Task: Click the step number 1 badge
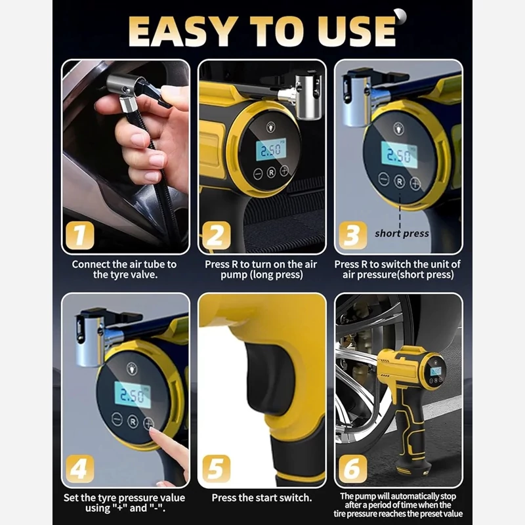coord(79,235)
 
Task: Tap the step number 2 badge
coord(217,235)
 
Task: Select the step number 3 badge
coord(352,235)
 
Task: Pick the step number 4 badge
coord(79,469)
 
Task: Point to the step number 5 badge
coord(217,469)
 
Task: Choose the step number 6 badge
coord(352,469)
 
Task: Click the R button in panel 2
coord(271,173)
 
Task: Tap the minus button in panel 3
coord(384,179)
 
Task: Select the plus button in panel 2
coord(284,171)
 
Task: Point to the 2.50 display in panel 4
coord(133,395)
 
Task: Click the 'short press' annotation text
coord(402,234)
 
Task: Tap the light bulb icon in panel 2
coord(270,127)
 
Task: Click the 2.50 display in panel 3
coord(399,155)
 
